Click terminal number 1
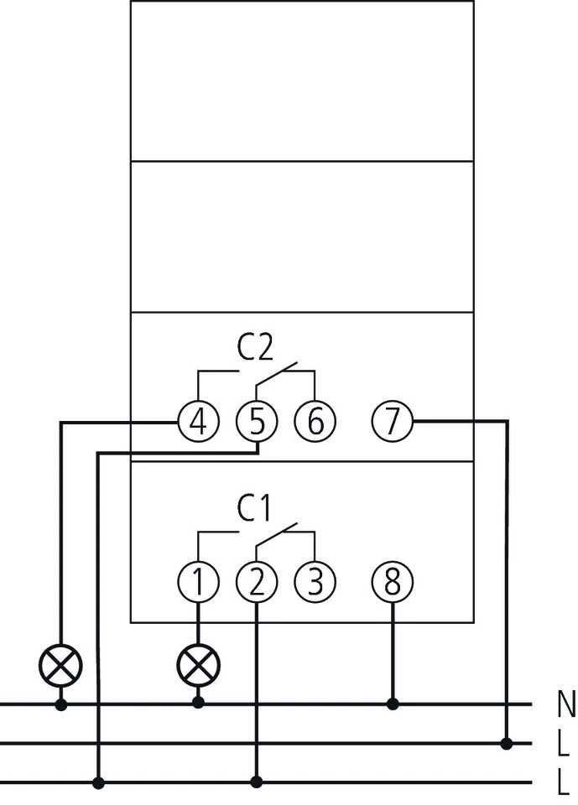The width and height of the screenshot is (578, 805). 199,582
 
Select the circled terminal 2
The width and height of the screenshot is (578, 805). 257,582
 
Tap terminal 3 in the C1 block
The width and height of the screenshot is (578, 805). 315,582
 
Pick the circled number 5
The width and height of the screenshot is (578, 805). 257,421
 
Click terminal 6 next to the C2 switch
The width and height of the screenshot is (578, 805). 315,421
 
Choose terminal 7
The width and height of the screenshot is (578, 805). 393,421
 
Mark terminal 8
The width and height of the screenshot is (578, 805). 393,582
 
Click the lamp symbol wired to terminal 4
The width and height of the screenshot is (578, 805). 61,666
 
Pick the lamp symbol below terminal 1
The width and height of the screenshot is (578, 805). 199,666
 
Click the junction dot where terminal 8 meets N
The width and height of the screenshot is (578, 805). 393,704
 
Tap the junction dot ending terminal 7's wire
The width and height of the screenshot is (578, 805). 507,743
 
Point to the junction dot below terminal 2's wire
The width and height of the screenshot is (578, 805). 257,782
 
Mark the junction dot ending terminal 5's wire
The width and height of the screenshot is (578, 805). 99,782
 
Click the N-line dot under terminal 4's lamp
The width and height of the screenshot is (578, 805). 61,704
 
